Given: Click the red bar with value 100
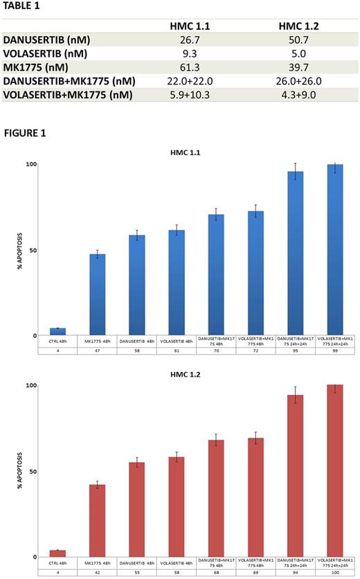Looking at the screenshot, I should (336, 471).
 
